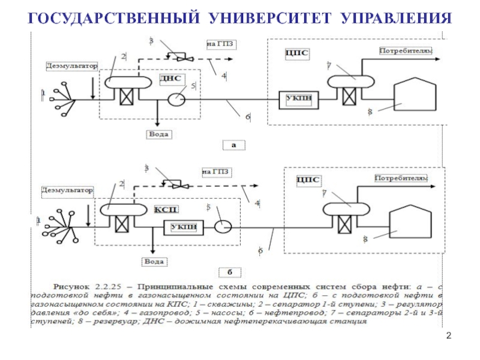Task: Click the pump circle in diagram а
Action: pos(176,100)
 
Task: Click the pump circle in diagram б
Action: pos(224,227)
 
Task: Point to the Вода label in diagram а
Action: pos(158,134)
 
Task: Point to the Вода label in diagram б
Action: pos(154,262)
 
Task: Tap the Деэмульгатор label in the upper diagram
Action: pos(71,67)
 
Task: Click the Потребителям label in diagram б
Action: pos(401,178)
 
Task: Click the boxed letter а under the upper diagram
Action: pos(233,145)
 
